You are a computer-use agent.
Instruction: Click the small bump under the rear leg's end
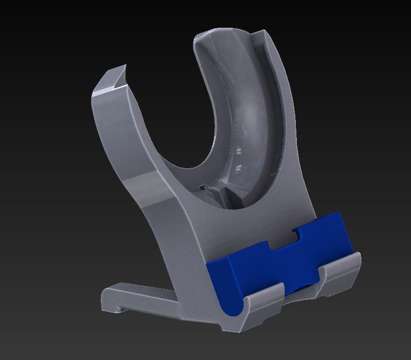click(x=115, y=309)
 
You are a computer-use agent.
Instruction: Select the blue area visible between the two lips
click(x=301, y=290)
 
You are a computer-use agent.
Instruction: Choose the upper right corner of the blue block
click(x=338, y=215)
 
